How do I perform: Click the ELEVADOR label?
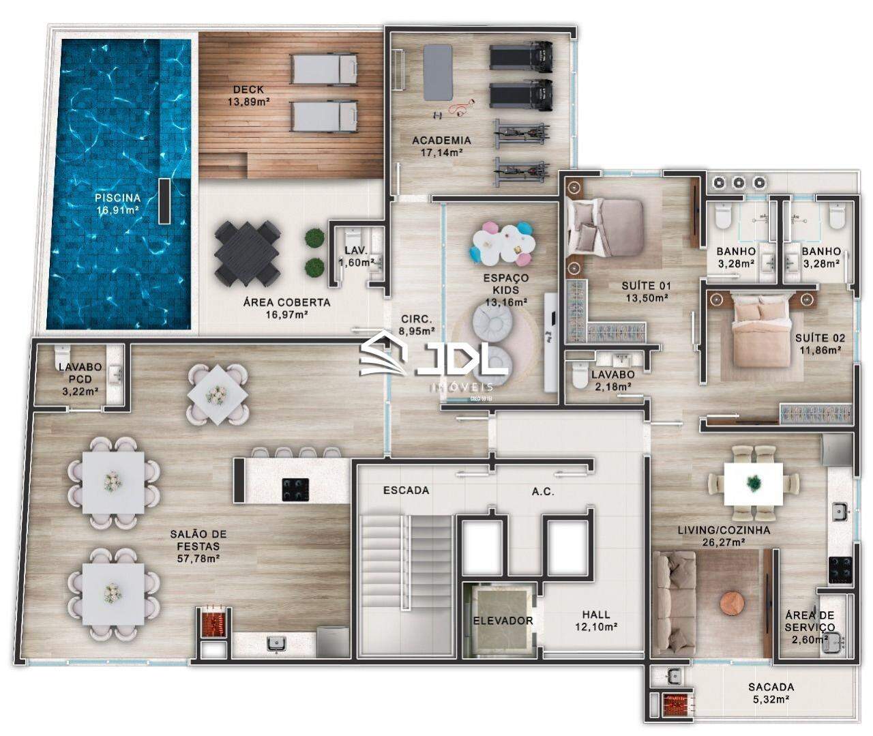coord(503,621)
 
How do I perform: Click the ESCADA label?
coord(406,490)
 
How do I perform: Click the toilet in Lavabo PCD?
coord(60,356)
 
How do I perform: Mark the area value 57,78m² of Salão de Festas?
coord(198,559)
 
